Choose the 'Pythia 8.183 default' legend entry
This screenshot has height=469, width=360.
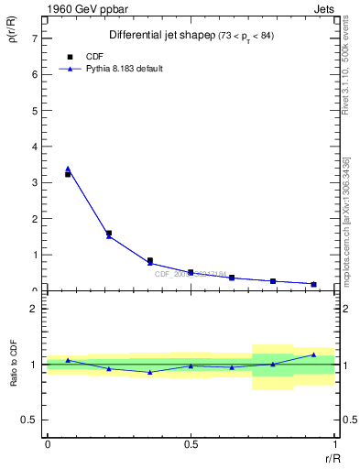tap(124, 69)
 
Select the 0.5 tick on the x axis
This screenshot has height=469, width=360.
tap(191, 444)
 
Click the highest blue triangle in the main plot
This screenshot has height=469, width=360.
tap(68, 169)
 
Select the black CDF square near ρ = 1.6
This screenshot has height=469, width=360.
tap(109, 234)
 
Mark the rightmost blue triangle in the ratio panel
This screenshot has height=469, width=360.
tap(313, 354)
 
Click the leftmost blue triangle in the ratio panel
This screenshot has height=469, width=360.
tap(68, 360)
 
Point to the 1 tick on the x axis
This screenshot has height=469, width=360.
tap(334, 444)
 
